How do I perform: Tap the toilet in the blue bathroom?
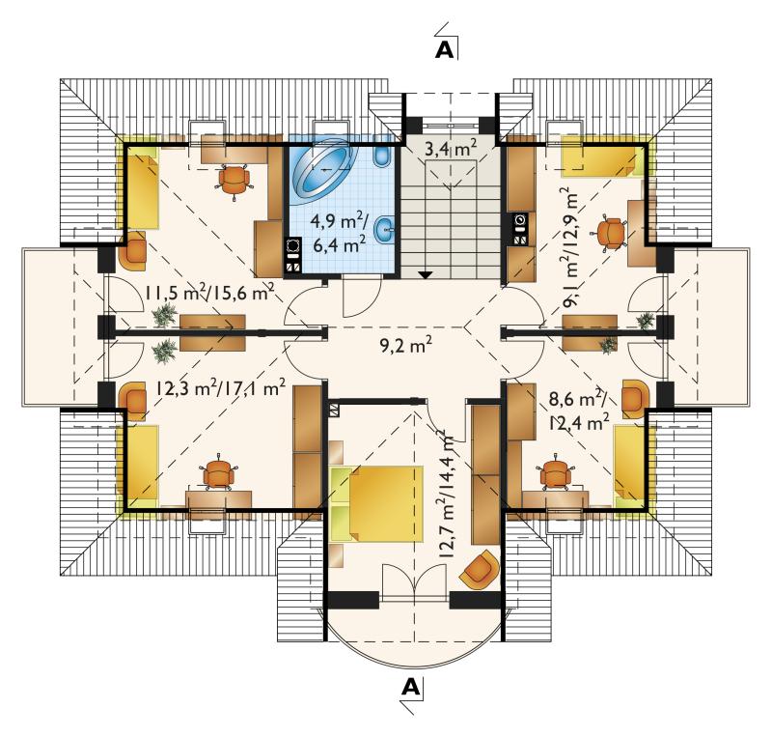[381, 156]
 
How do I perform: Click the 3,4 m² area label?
[451, 148]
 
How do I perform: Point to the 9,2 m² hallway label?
[406, 346]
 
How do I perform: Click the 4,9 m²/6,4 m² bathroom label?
[340, 233]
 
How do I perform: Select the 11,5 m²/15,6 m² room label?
[209, 295]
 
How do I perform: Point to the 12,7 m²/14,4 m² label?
[446, 494]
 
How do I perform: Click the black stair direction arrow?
[426, 274]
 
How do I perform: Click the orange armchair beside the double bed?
[479, 570]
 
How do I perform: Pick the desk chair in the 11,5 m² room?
[234, 181]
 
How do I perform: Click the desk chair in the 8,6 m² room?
[557, 472]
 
